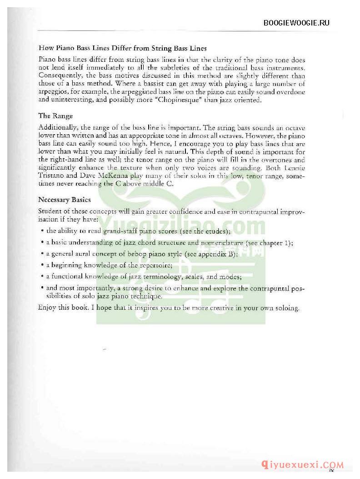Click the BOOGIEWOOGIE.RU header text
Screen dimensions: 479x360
(x=297, y=23)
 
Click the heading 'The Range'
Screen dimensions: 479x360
(x=55, y=116)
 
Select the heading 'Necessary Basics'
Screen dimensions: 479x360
(x=65, y=199)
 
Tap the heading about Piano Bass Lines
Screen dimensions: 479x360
(x=123, y=48)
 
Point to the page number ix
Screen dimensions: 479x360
(x=338, y=457)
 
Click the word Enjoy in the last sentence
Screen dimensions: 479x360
(x=47, y=308)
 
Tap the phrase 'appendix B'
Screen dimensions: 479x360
(x=217, y=254)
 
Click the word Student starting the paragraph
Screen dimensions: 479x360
(x=51, y=211)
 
